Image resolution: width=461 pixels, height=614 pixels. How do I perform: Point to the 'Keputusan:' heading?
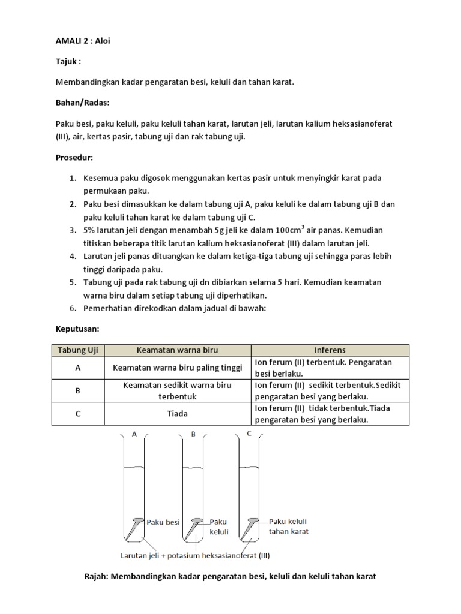pyautogui.click(x=76, y=330)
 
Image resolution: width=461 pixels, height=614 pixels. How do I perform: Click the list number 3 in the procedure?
pyautogui.click(x=72, y=231)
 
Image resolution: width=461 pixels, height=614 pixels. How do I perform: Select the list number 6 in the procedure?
pyautogui.click(x=72, y=308)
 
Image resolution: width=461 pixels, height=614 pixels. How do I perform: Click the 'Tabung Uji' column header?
pyautogui.click(x=77, y=350)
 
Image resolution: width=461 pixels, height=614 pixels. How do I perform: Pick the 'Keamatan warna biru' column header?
pyautogui.click(x=177, y=350)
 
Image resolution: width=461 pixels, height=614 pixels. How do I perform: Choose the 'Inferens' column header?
pyautogui.click(x=330, y=350)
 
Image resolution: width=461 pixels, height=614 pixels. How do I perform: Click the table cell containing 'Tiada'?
pyautogui.click(x=177, y=414)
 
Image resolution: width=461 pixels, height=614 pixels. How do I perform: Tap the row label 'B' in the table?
pyautogui.click(x=77, y=391)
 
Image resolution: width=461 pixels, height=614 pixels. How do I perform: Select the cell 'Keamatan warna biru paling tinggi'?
pyautogui.click(x=177, y=368)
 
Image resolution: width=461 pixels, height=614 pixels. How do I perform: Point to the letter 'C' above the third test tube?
pyautogui.click(x=249, y=434)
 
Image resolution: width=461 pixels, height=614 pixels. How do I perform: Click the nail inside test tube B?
pyautogui.click(x=194, y=528)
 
